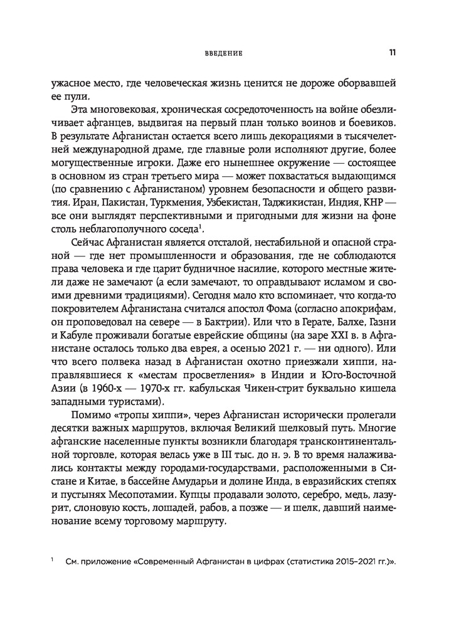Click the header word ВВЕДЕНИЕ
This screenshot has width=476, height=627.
click(223, 54)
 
